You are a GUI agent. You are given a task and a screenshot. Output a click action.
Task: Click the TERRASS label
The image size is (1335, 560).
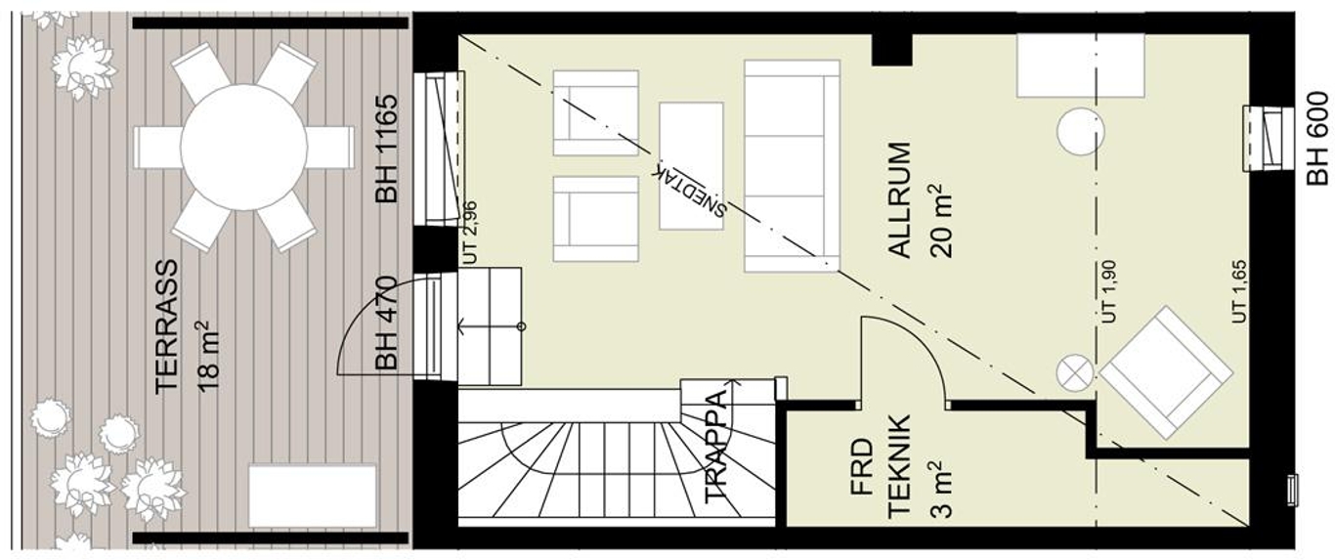(167, 326)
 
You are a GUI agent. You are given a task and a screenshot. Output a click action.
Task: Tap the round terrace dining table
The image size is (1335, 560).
(243, 148)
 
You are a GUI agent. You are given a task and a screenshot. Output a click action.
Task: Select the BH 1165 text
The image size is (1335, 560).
(386, 149)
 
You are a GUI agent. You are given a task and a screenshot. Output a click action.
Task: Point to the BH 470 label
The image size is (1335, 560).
(386, 323)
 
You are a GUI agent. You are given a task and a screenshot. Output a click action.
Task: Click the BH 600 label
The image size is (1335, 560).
(1317, 138)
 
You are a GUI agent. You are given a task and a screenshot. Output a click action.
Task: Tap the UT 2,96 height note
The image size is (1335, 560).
(470, 233)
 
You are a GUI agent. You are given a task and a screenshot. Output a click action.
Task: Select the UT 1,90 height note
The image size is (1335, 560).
(1108, 292)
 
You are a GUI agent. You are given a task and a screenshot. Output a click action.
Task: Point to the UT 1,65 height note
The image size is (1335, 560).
(1239, 292)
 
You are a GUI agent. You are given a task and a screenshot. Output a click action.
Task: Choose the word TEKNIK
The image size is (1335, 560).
(900, 466)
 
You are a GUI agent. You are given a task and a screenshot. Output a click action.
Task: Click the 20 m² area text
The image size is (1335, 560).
(940, 221)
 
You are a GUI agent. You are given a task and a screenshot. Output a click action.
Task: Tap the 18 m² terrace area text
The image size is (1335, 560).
(207, 357)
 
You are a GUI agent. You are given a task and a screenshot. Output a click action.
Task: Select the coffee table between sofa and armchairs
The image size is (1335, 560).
(691, 166)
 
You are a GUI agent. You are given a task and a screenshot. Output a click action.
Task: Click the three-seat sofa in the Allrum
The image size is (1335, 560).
(792, 166)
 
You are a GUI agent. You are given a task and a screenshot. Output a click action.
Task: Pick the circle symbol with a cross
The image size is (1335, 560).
(1075, 373)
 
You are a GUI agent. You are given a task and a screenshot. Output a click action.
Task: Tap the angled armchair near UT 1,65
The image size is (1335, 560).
(1166, 373)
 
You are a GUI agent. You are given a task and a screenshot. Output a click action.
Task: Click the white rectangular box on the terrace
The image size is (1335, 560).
(313, 496)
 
